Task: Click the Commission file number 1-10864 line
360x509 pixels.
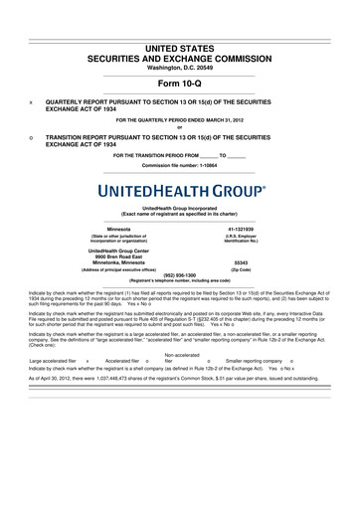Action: [179, 142]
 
